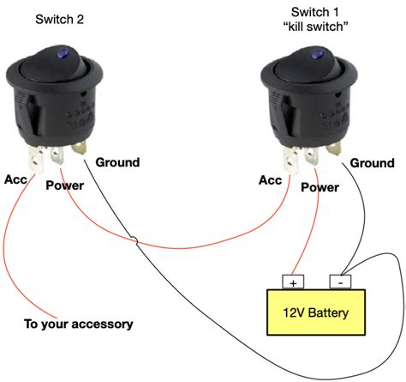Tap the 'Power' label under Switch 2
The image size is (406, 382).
[64, 185]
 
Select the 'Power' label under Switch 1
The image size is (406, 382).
[320, 185]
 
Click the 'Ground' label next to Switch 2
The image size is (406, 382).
[117, 162]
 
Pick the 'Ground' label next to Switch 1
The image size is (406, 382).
[373, 162]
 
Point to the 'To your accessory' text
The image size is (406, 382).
[78, 324]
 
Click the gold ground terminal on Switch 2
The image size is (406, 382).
[80, 150]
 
